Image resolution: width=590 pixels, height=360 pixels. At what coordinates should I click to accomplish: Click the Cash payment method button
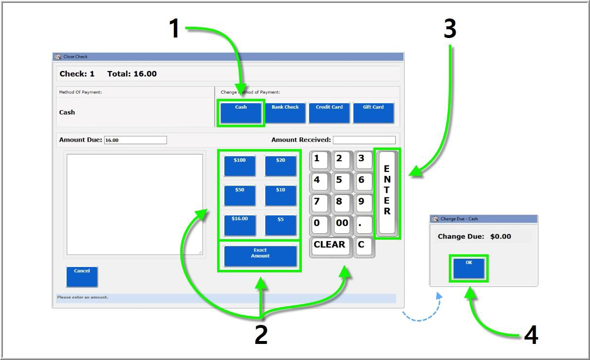pos(240,113)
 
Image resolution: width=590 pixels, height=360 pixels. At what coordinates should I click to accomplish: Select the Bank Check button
pos(285,113)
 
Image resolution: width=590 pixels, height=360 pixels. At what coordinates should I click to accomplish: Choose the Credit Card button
pos(330,113)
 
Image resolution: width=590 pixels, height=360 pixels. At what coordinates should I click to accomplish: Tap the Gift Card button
pos(373,113)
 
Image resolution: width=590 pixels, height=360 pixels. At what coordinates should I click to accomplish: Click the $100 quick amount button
pos(240,166)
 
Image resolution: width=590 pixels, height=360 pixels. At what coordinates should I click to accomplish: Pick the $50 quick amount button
pos(240,195)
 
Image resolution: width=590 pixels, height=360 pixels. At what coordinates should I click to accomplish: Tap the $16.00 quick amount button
pos(240,225)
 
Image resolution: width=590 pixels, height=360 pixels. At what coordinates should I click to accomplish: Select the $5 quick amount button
pos(280,225)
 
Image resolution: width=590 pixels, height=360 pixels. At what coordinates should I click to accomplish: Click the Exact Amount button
pos(260,256)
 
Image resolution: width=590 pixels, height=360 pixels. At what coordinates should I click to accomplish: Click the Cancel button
pos(82,276)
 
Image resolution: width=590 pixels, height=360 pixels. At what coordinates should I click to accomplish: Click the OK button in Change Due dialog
pos(469,268)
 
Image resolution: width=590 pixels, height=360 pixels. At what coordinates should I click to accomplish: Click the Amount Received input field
pos(364,140)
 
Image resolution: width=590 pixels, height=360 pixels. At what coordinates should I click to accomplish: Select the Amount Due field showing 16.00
pos(135,140)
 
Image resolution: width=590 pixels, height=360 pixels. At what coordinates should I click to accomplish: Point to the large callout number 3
pos(450,29)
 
